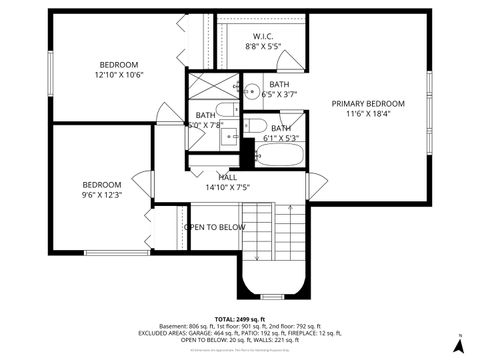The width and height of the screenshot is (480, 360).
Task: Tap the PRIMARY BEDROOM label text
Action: [x=368, y=104]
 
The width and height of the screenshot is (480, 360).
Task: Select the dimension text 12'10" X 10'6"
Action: [x=119, y=75]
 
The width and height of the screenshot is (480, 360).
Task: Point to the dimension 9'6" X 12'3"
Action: [x=101, y=195]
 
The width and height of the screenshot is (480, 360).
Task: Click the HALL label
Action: [x=227, y=176]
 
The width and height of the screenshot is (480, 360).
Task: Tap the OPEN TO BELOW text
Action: [x=214, y=227]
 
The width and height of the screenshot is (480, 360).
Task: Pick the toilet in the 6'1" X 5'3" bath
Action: [x=254, y=126]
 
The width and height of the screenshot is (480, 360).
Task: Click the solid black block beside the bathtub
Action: [x=246, y=153]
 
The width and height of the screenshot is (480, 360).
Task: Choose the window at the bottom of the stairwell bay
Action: [x=271, y=297]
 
